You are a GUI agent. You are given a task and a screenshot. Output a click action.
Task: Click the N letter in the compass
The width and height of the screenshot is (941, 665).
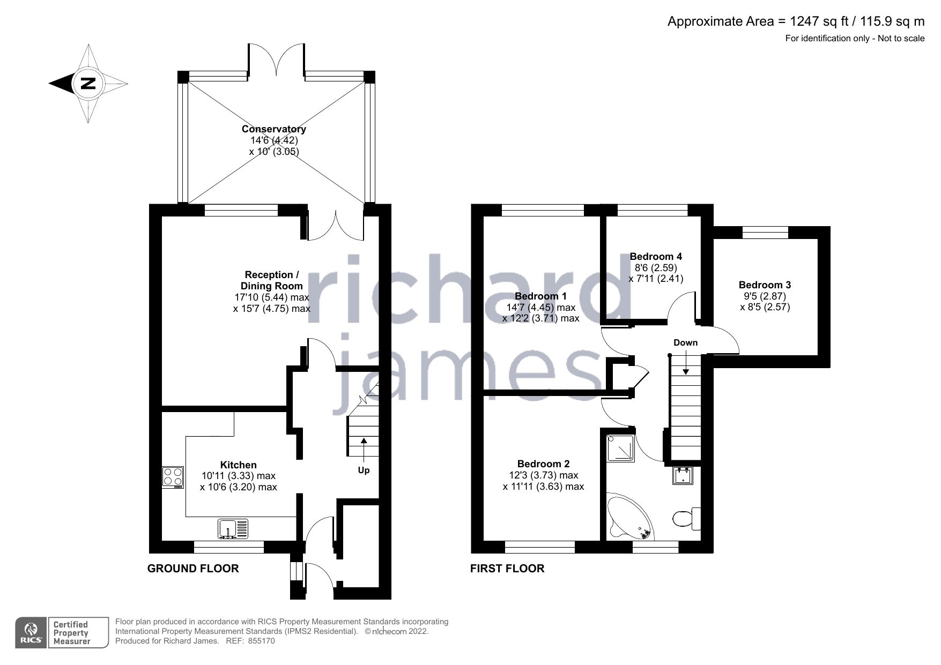88,84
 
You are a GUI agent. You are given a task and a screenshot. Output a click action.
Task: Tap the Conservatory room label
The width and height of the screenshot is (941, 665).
273,129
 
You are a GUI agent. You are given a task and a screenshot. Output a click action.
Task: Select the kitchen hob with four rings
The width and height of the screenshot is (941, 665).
173,477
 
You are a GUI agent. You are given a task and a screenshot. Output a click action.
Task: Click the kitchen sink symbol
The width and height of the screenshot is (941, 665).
233,528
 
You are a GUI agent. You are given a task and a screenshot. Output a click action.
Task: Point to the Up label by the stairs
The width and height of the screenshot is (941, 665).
364,470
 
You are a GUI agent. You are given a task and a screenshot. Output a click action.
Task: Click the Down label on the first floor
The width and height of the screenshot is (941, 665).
685,342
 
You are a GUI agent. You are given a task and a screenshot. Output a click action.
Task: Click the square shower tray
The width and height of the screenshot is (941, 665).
620,448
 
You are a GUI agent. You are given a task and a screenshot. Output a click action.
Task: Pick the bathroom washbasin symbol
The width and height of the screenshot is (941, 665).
683,475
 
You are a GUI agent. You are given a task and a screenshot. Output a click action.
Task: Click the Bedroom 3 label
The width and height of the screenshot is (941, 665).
765,285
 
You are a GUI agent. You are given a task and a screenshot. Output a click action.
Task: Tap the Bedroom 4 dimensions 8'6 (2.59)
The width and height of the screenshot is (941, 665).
656,267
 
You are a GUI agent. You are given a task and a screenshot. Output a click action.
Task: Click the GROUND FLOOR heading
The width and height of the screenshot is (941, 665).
193,569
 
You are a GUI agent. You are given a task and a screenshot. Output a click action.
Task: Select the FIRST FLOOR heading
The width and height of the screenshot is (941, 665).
507,569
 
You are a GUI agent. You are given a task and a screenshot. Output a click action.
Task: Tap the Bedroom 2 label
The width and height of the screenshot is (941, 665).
543,464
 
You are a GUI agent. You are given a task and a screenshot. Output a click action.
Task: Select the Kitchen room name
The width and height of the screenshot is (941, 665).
238,465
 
